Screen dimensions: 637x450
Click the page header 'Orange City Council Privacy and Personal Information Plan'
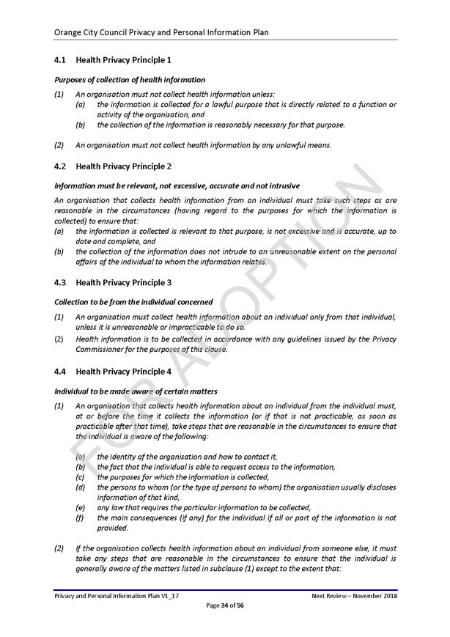click(161, 32)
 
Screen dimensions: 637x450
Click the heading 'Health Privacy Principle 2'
click(123, 166)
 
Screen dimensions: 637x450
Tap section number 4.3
click(61, 282)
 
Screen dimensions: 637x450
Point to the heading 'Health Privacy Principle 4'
click(123, 372)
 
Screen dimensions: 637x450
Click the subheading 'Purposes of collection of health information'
click(130, 79)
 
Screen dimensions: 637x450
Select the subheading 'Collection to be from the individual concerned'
click(133, 301)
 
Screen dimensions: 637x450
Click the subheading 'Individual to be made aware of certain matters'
click(136, 391)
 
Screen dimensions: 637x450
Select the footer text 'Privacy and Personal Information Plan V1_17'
click(117, 595)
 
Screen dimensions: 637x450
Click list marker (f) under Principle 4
click(80, 518)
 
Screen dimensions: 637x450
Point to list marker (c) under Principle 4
click(80, 477)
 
